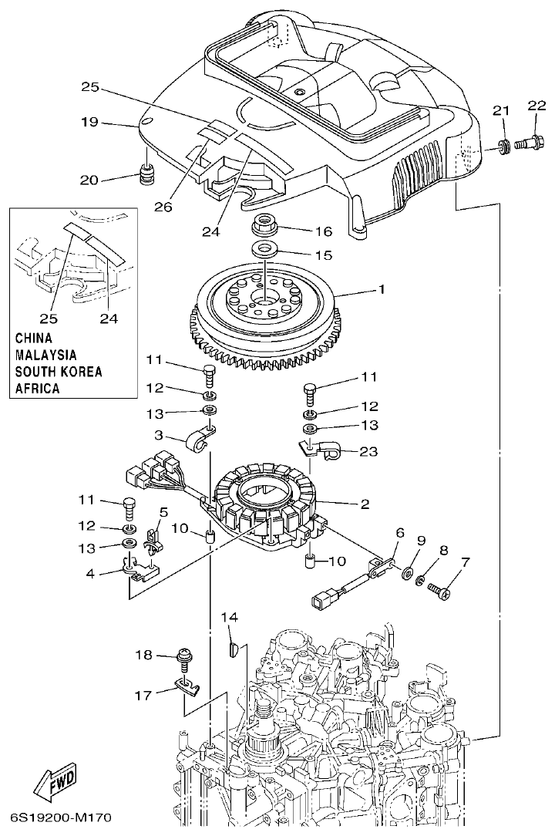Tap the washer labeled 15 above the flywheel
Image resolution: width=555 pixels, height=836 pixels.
coord(265,250)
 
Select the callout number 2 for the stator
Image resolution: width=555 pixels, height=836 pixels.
coord(364,504)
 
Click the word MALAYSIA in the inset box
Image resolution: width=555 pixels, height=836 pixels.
coord(46,355)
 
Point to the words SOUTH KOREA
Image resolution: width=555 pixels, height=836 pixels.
coord(59,372)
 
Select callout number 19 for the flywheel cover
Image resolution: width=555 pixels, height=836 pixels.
coord(90,123)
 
